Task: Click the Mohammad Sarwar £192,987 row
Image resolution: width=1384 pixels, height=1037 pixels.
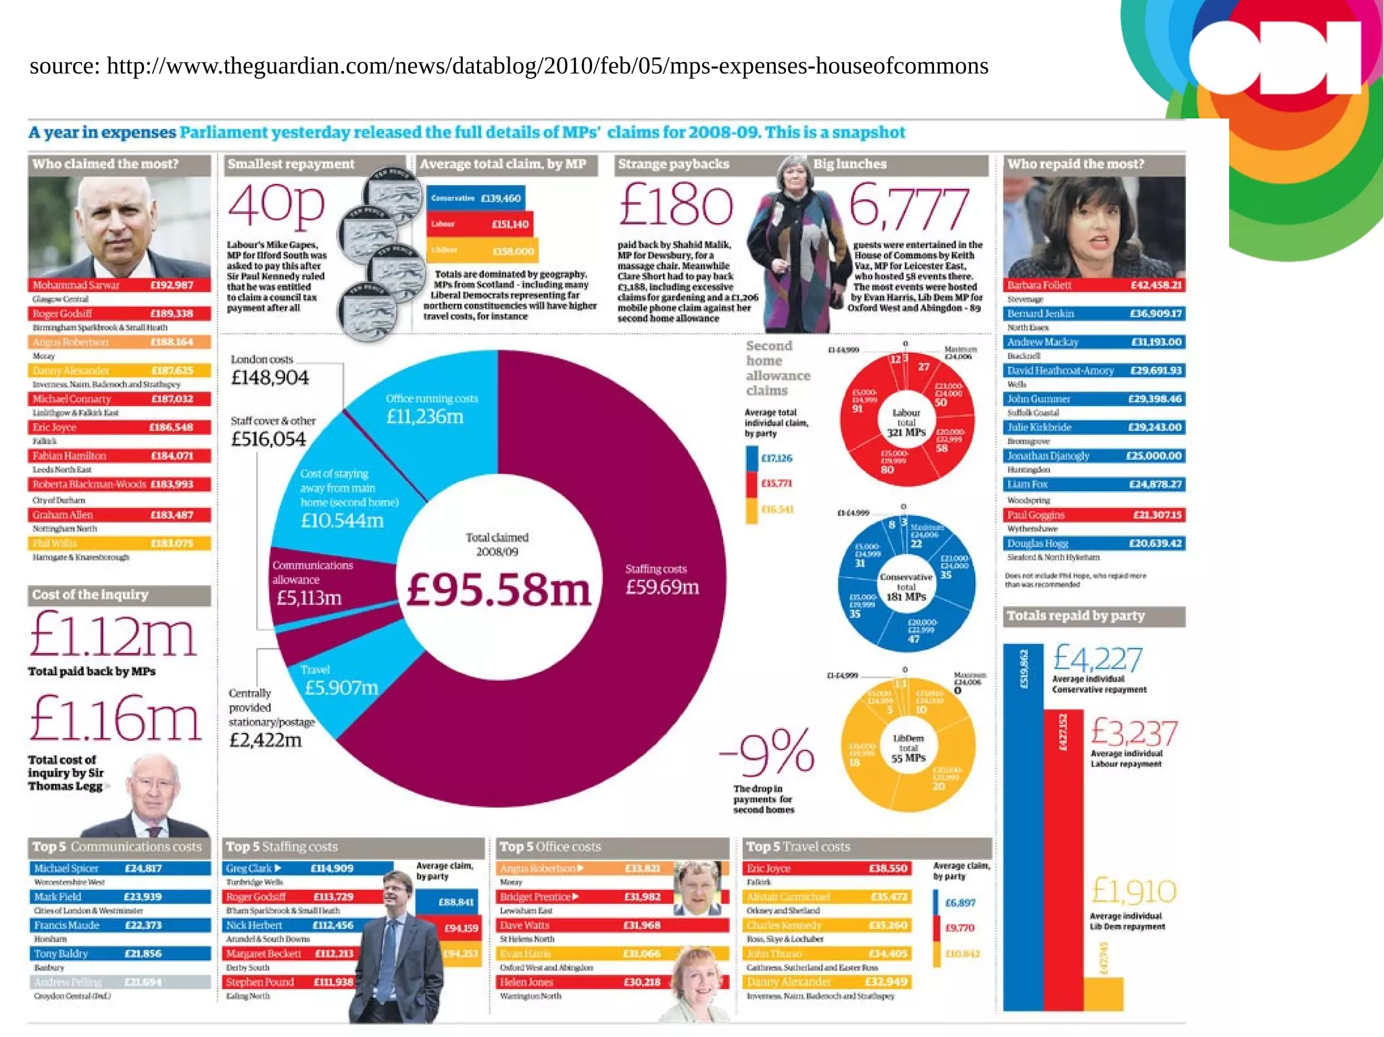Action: pos(119,285)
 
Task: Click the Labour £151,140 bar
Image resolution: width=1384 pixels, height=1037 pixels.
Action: pos(479,224)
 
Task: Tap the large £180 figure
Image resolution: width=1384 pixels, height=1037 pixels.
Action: pos(676,205)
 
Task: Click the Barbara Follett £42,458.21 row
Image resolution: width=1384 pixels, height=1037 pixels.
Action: pos(1094,285)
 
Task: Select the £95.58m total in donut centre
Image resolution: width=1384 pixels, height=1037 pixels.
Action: pos(498,589)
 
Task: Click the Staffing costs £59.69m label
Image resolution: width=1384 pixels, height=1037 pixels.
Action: pos(661,580)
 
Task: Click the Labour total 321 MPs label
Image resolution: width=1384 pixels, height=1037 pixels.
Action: pos(906,422)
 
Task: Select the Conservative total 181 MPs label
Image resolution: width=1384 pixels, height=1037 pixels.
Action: pos(906,586)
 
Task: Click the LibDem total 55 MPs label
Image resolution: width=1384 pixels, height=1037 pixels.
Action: pos(908,748)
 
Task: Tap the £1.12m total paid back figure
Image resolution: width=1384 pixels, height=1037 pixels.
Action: pos(113,635)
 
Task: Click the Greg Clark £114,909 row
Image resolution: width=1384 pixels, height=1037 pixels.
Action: pos(308,868)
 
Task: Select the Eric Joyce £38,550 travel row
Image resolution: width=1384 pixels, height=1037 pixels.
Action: pos(826,868)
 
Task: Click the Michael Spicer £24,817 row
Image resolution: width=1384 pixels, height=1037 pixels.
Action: pos(119,868)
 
